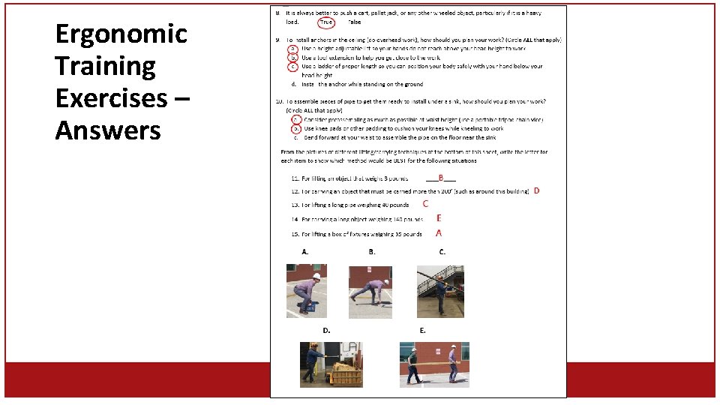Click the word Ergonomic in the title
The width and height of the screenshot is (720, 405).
coord(121,34)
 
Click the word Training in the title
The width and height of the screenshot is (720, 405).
coord(105,67)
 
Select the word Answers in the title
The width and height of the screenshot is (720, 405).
coord(108,131)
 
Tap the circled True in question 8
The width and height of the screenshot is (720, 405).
coord(326,22)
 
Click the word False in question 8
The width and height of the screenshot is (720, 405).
coord(353,22)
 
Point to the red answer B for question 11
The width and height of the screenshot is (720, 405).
coord(441,178)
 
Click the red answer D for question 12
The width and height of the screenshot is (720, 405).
coord(536,190)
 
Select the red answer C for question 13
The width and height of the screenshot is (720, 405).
coord(425,203)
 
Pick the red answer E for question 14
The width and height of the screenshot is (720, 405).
coord(439,218)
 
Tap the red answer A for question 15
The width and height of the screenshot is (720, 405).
coord(439,233)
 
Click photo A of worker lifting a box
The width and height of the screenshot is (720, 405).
coord(306,290)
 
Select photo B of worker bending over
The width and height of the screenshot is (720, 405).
coord(370,291)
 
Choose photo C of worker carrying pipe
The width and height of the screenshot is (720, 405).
coord(440,291)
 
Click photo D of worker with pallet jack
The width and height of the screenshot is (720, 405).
coord(331,364)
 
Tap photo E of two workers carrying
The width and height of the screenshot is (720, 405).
coord(434,364)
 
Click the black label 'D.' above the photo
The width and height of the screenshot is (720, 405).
coord(326,330)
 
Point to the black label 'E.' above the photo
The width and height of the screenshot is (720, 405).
coord(423,330)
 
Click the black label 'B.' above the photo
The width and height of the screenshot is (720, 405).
coord(372,252)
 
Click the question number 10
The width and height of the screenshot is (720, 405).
coord(279,101)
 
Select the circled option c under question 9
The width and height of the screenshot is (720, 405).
coord(293,66)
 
